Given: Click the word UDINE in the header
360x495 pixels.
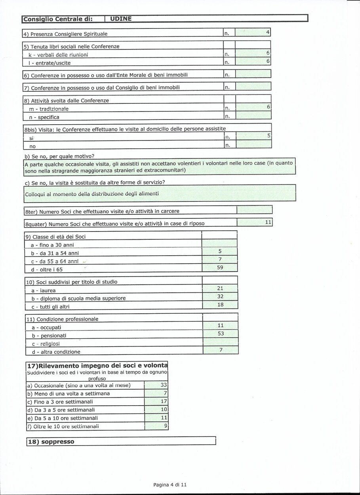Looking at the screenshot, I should [x=121, y=19].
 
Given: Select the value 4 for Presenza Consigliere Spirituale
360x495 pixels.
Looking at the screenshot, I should [x=268, y=32].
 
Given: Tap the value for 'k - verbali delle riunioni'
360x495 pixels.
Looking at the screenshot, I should [x=268, y=53].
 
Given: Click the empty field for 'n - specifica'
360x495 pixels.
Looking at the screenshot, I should [x=253, y=116].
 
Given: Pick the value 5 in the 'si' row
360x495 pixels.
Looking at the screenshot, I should [x=269, y=136].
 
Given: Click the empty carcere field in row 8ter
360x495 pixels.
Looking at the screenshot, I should [x=254, y=210].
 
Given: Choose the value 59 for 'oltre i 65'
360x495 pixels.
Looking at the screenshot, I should [x=220, y=268].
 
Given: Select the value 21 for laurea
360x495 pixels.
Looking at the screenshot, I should [x=220, y=288].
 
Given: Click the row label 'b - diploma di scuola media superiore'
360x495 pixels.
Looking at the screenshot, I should [x=78, y=298].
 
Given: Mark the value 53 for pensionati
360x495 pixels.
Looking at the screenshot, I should [x=221, y=334].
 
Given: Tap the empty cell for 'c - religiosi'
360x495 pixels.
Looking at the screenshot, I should [x=221, y=342].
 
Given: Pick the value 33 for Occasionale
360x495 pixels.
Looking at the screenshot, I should [x=164, y=385].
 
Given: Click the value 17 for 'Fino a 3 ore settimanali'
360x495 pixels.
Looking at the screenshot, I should [x=164, y=402].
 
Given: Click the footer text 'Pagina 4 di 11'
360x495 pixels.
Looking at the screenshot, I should [x=170, y=485].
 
